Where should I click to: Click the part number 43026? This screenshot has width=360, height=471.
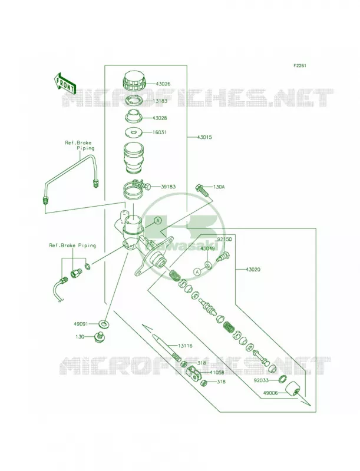click(x=163, y=84)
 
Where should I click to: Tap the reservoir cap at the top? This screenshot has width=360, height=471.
click(x=134, y=81)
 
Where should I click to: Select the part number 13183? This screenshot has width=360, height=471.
click(x=160, y=101)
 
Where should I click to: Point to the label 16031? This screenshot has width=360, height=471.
click(x=159, y=132)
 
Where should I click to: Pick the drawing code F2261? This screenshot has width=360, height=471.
click(x=300, y=65)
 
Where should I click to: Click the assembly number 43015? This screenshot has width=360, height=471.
click(x=204, y=137)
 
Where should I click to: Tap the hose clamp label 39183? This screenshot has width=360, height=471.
click(x=169, y=187)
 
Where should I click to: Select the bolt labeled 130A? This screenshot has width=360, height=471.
click(x=202, y=190)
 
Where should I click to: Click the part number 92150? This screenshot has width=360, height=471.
click(x=224, y=240)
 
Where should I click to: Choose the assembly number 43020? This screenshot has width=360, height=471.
click(x=253, y=270)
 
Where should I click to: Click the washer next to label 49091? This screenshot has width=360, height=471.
click(x=104, y=324)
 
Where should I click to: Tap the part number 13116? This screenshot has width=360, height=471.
click(x=185, y=346)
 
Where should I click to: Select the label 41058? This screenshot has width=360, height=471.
click(x=217, y=373)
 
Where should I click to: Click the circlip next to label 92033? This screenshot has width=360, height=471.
click(x=282, y=379)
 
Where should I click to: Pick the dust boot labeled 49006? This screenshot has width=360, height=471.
click(x=292, y=390)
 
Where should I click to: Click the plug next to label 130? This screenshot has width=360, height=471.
click(x=98, y=337)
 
